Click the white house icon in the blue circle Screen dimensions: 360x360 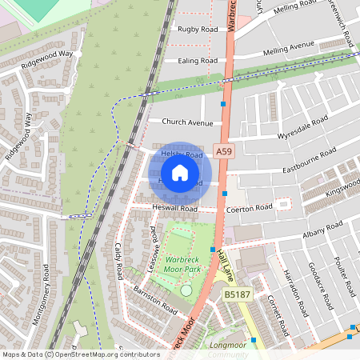point(180,173)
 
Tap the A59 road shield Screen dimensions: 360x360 point(225,151)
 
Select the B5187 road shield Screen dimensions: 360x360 point(236,295)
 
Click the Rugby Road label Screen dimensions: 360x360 point(198,29)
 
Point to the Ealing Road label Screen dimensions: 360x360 point(198,60)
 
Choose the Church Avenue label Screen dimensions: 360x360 point(188,122)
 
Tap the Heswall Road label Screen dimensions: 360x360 point(176,208)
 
